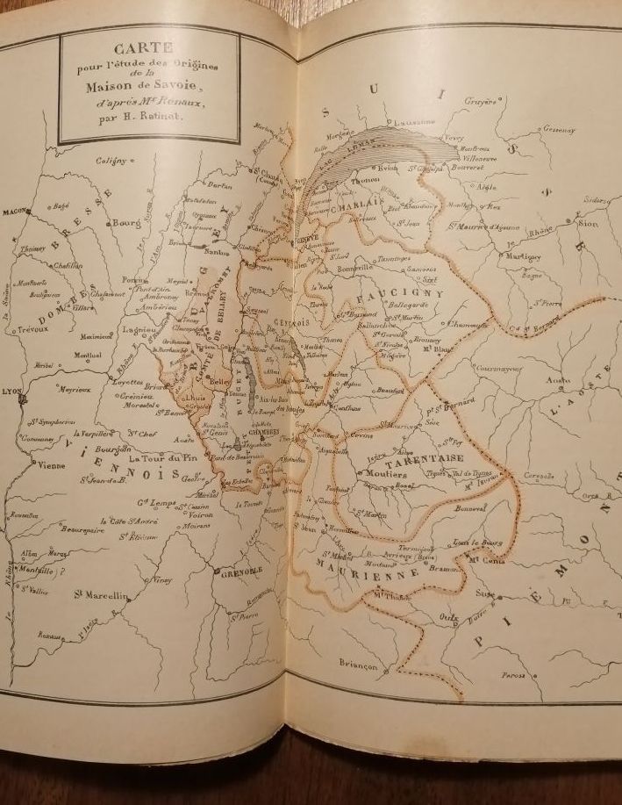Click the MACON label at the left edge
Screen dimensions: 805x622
pyautogui.click(x=15, y=212)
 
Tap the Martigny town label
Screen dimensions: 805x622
pyautogui.click(x=522, y=256)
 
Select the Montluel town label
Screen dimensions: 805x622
pyautogui.click(x=88, y=356)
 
